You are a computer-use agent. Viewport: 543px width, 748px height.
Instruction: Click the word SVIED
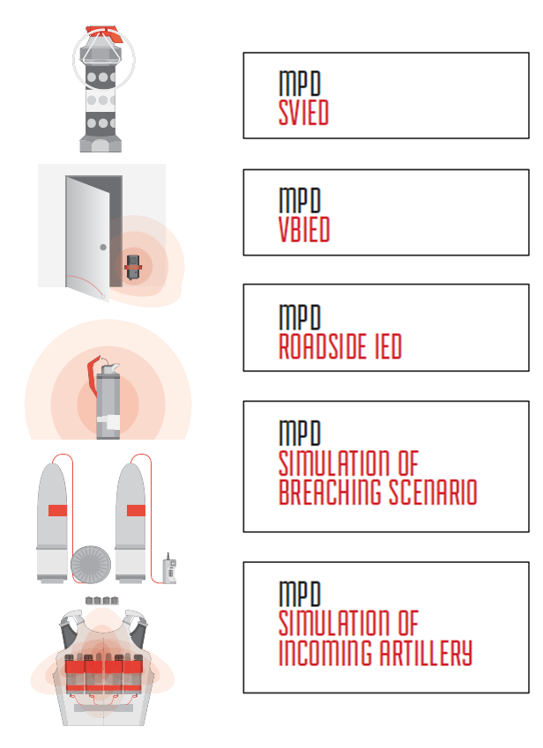pyautogui.click(x=303, y=113)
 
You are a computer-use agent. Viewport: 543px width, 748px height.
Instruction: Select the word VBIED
pyautogui.click(x=304, y=229)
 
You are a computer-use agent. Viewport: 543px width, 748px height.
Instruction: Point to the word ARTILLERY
pyautogui.click(x=426, y=653)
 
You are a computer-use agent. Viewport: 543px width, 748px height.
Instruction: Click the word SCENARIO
pyautogui.click(x=433, y=492)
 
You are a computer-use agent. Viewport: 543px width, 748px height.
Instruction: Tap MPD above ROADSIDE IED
pyautogui.click(x=300, y=316)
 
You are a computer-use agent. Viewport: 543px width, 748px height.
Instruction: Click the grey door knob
pyautogui.click(x=103, y=247)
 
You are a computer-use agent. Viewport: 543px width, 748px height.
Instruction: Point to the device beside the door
pyautogui.click(x=132, y=267)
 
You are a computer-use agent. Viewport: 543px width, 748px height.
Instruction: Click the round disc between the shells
pyautogui.click(x=91, y=565)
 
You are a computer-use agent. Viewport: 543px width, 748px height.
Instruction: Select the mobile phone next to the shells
pyautogui.click(x=169, y=568)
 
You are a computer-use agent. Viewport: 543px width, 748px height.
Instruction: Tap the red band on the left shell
pyautogui.click(x=57, y=510)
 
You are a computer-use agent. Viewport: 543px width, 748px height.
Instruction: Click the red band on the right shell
pyautogui.click(x=136, y=510)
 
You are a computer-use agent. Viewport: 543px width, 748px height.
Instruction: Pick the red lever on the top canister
pyautogui.click(x=105, y=33)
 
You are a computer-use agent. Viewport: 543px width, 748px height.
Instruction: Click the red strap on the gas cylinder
pyautogui.click(x=93, y=376)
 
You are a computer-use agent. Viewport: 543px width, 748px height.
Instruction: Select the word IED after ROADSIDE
pyautogui.click(x=388, y=346)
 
